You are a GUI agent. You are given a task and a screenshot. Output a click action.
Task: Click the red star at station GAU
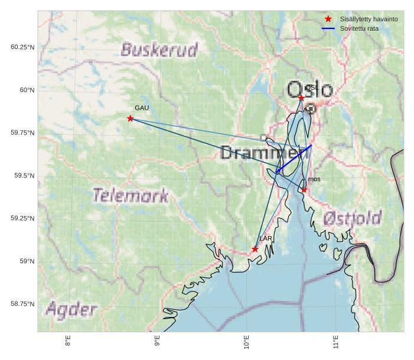[130, 119]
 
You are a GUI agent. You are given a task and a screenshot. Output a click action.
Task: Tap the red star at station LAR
[255, 249]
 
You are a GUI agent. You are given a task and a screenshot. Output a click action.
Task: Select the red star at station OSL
[301, 98]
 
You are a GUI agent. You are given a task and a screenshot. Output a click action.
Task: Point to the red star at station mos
[304, 190]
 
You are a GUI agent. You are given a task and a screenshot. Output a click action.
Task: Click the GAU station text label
[142, 108]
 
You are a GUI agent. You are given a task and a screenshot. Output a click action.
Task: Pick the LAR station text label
[266, 238]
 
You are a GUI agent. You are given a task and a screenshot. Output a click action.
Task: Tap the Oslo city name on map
[309, 90]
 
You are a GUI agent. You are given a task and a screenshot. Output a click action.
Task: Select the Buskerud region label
[159, 50]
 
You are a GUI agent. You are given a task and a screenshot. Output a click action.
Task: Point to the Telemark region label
[131, 195]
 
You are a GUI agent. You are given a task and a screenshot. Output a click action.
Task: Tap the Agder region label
[71, 309]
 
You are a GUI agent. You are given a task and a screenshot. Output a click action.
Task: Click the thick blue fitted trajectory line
[294, 158]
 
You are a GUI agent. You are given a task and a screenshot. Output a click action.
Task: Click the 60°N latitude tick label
[27, 90]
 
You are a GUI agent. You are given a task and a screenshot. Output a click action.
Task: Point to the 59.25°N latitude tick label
[22, 218]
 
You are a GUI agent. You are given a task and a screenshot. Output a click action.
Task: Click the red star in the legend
[328, 19]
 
